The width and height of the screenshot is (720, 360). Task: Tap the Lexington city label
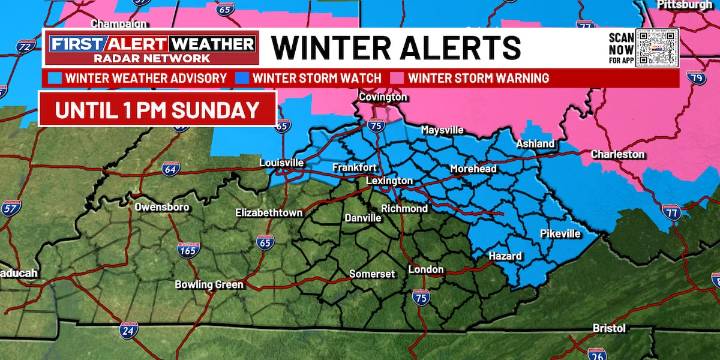pyautogui.click(x=390, y=180)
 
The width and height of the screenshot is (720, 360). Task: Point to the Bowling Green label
pyautogui.click(x=209, y=285)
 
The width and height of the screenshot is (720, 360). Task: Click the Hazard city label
pyautogui.click(x=504, y=256)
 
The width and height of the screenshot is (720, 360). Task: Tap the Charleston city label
pyautogui.click(x=617, y=154)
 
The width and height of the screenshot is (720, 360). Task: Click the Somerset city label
pyautogui.click(x=371, y=273)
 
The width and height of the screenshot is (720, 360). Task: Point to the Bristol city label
pyautogui.click(x=610, y=328)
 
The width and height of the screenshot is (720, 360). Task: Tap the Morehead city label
pyautogui.click(x=473, y=169)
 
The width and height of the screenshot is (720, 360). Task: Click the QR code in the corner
pyautogui.click(x=657, y=46)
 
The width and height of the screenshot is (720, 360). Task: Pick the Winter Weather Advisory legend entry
pyautogui.click(x=142, y=77)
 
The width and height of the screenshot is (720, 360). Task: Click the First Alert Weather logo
pyautogui.click(x=150, y=48)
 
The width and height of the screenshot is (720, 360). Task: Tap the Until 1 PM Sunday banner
pyautogui.click(x=157, y=108)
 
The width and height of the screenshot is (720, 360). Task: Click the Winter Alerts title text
pyautogui.click(x=396, y=47)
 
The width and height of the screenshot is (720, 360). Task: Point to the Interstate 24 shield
pyautogui.click(x=128, y=330)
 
